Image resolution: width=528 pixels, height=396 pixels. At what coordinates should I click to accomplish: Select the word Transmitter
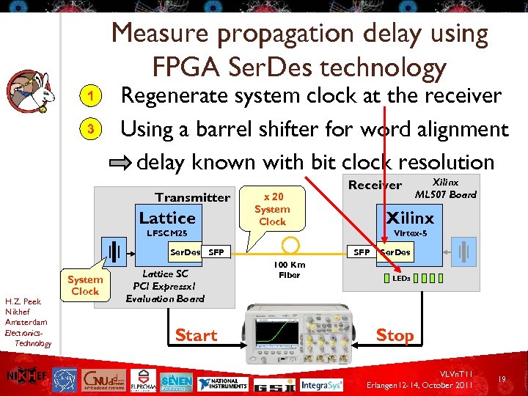(x=192, y=197)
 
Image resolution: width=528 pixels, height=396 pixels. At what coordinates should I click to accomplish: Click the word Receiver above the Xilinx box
(x=375, y=185)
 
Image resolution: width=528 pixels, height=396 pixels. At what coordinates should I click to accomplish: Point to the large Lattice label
(x=167, y=218)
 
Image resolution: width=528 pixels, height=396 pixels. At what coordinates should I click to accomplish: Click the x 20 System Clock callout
(x=272, y=209)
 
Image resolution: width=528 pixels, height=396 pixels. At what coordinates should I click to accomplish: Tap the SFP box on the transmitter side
(x=216, y=252)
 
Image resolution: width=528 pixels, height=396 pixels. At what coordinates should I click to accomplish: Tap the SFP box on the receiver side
(x=362, y=252)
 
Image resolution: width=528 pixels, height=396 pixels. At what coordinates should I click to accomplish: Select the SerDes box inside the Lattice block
(x=185, y=252)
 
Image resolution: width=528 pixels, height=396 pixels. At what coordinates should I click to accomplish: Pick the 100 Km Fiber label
(x=289, y=270)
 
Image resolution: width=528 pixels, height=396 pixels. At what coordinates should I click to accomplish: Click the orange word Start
(x=196, y=335)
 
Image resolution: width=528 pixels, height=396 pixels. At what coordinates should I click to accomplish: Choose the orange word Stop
(x=395, y=335)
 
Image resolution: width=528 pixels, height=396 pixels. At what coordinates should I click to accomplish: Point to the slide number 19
(x=503, y=379)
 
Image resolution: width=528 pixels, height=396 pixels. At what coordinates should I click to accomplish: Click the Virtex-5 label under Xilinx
(x=411, y=233)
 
